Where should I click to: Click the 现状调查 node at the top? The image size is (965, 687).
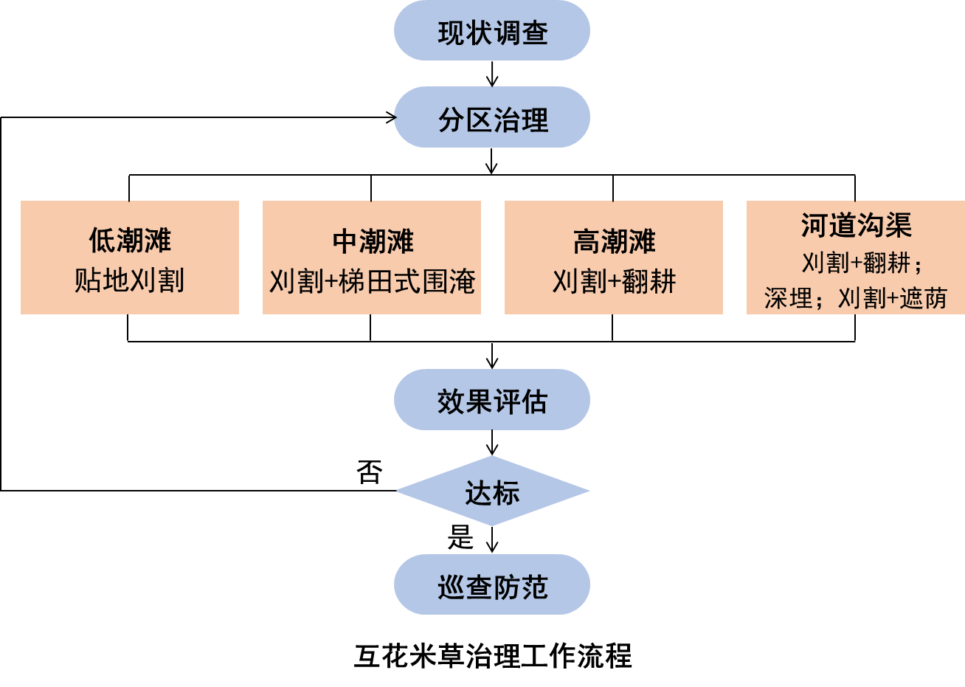[492, 32]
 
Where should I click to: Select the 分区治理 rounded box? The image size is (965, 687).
[492, 118]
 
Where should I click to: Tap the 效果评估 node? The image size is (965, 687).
[492, 401]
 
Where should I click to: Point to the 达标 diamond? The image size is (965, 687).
[492, 491]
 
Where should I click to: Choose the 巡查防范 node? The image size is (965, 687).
[492, 586]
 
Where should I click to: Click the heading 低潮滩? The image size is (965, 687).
[130, 240]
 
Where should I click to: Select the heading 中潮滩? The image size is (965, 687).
[372, 241]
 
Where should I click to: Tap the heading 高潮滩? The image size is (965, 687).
[614, 241]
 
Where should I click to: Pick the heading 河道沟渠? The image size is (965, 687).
[856, 225]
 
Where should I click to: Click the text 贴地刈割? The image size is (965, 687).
[130, 280]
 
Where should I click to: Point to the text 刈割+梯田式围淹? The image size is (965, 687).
[372, 281]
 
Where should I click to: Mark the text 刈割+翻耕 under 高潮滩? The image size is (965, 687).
[614, 281]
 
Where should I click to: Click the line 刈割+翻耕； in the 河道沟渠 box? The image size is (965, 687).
[862, 263]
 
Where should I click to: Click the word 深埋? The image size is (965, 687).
[788, 298]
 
